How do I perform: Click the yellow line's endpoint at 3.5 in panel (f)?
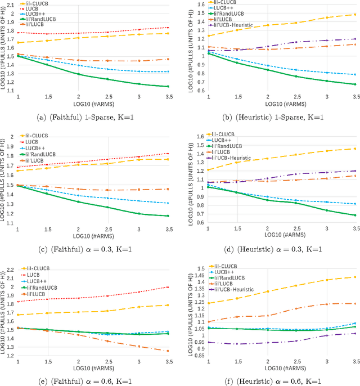pos(354,277)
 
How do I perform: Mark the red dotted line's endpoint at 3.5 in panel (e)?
pos(167,287)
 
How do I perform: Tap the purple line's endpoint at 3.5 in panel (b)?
pos(354,39)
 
